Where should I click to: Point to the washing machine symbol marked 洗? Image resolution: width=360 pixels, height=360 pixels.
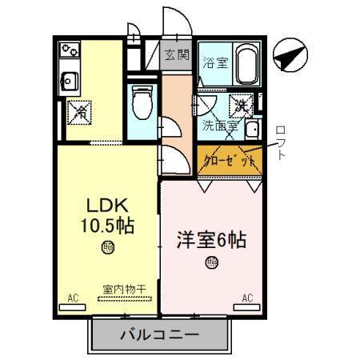tap(240, 104)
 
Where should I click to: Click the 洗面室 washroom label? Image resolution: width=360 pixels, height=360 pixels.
tap(219, 126)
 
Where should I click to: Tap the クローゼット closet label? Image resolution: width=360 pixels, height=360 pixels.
tap(230, 160)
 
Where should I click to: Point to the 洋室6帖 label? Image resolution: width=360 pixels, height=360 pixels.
tap(210, 238)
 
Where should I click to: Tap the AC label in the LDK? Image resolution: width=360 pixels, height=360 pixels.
tap(73, 298)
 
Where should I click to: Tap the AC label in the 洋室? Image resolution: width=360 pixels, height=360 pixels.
tap(247, 298)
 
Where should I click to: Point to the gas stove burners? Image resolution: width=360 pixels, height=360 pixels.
tap(68, 50)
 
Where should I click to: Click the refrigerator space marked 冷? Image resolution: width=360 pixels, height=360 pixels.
tap(81, 112)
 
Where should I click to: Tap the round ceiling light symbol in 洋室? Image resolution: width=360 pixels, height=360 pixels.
tap(210, 262)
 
